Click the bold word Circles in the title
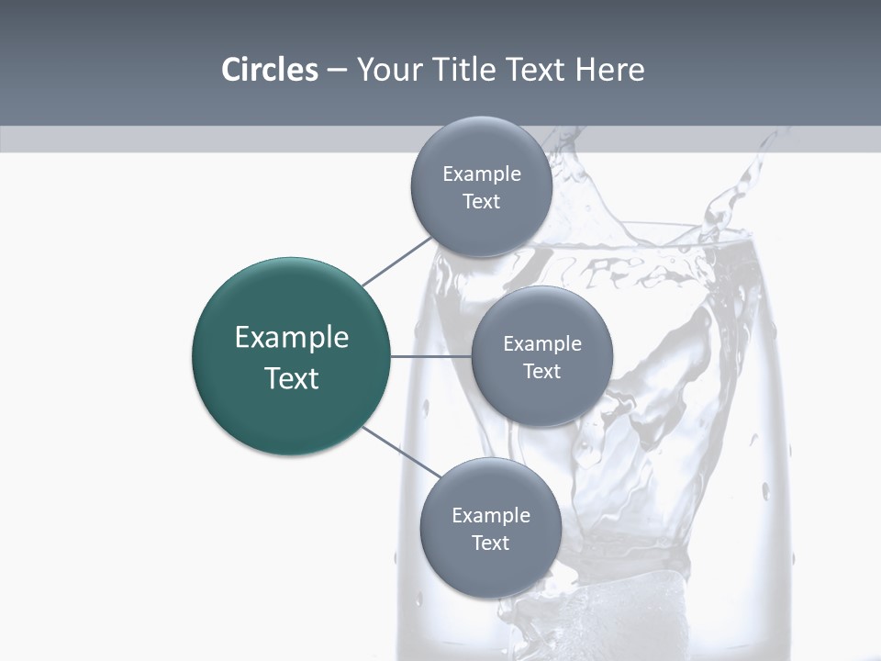(269, 70)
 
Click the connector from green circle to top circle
(397, 260)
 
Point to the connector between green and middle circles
(430, 356)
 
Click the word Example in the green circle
(292, 338)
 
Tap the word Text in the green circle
(292, 378)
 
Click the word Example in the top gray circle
(482, 174)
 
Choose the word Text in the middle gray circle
(541, 371)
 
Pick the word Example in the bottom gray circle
(491, 515)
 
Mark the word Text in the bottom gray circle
(490, 543)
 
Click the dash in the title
(337, 70)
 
